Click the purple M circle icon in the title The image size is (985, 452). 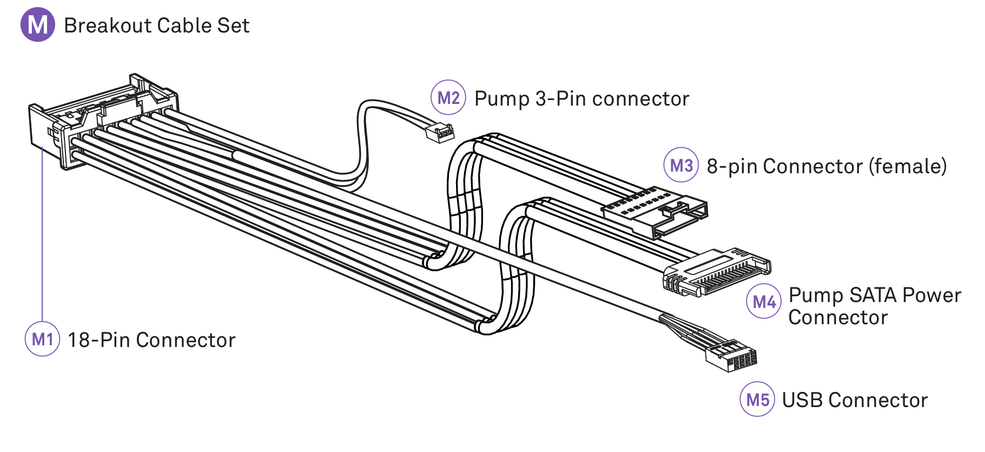37,24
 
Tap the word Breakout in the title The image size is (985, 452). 108,25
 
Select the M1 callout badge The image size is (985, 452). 42,339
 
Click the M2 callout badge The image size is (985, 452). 448,97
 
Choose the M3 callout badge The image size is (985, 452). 681,165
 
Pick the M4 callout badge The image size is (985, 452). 764,301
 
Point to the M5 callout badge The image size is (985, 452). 757,399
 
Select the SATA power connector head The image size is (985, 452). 717,272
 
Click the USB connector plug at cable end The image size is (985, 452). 731,356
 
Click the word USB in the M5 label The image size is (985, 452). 802,400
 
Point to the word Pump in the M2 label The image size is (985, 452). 501,99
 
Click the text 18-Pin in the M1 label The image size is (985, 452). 98,340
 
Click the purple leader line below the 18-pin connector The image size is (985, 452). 42,233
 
